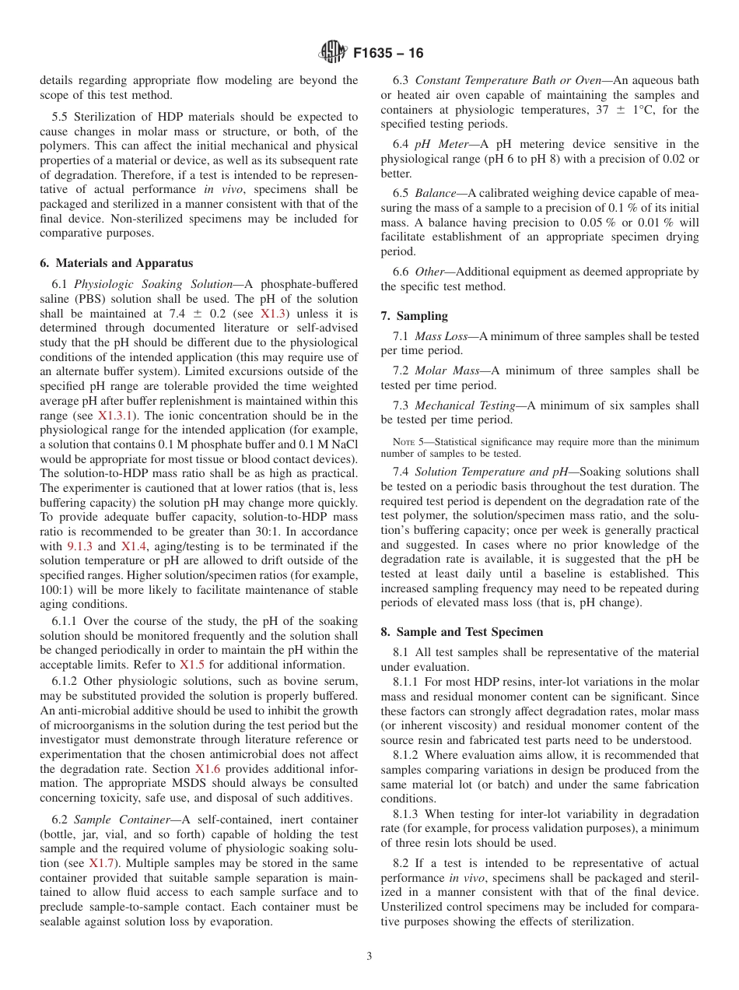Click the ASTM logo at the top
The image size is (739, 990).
coord(332,53)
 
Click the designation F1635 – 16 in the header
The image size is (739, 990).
coord(388,54)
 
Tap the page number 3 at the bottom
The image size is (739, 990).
coord(369,956)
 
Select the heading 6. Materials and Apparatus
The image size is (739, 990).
coord(117,263)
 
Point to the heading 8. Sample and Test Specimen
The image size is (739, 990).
coord(462,631)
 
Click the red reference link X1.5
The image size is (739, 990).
coord(192,665)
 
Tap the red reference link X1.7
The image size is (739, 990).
coord(101,862)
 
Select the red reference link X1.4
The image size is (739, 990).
coord(132,546)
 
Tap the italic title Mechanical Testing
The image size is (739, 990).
coord(464,405)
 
